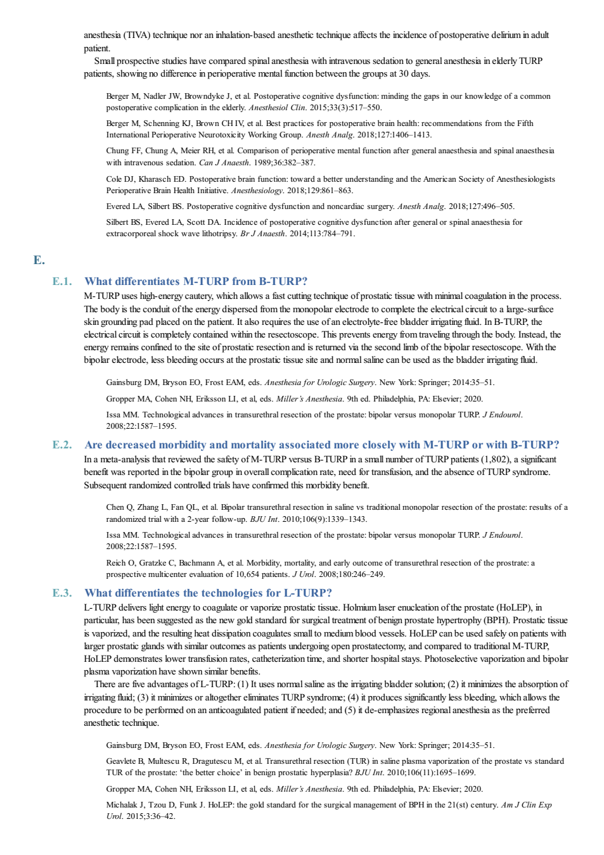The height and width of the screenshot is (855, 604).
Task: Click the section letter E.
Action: (x=39, y=260)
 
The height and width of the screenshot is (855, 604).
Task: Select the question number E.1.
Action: (x=62, y=281)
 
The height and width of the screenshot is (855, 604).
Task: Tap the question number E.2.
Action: (x=62, y=445)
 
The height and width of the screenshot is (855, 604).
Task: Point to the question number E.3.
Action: (x=62, y=593)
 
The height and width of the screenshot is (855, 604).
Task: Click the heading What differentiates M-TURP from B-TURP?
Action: (x=196, y=281)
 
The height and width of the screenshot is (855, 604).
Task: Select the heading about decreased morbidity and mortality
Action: (x=322, y=445)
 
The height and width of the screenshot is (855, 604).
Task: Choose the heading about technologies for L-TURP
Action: (x=209, y=593)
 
